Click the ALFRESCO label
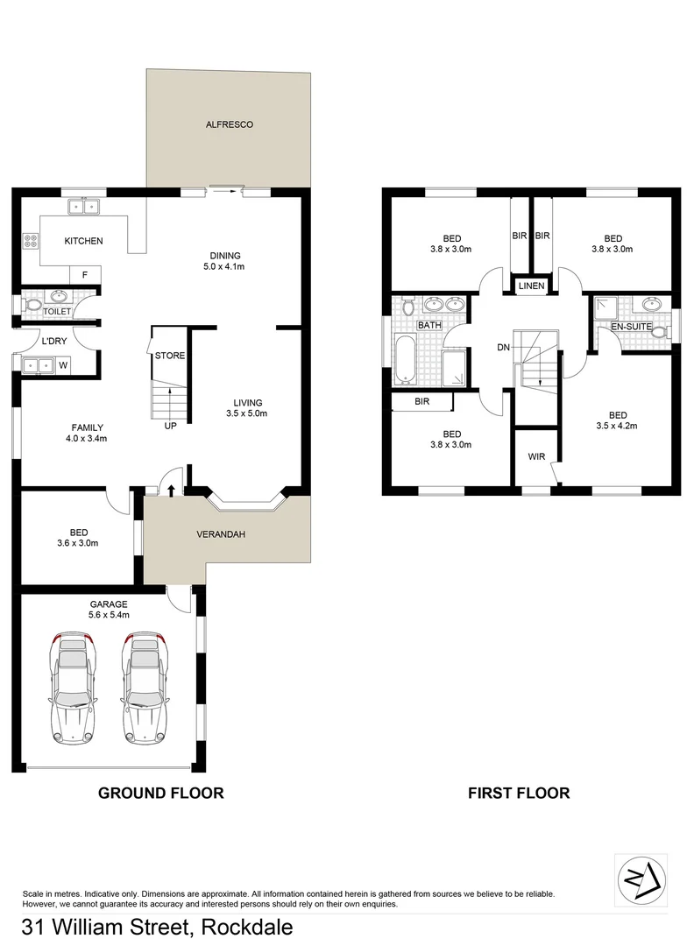[229, 125]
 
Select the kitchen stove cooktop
[31, 240]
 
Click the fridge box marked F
[85, 275]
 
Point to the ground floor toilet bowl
[32, 306]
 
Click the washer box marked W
[64, 364]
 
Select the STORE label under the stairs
[169, 357]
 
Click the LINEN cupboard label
[531, 286]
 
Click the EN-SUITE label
[632, 327]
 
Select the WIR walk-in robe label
[536, 456]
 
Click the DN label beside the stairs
[503, 348]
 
